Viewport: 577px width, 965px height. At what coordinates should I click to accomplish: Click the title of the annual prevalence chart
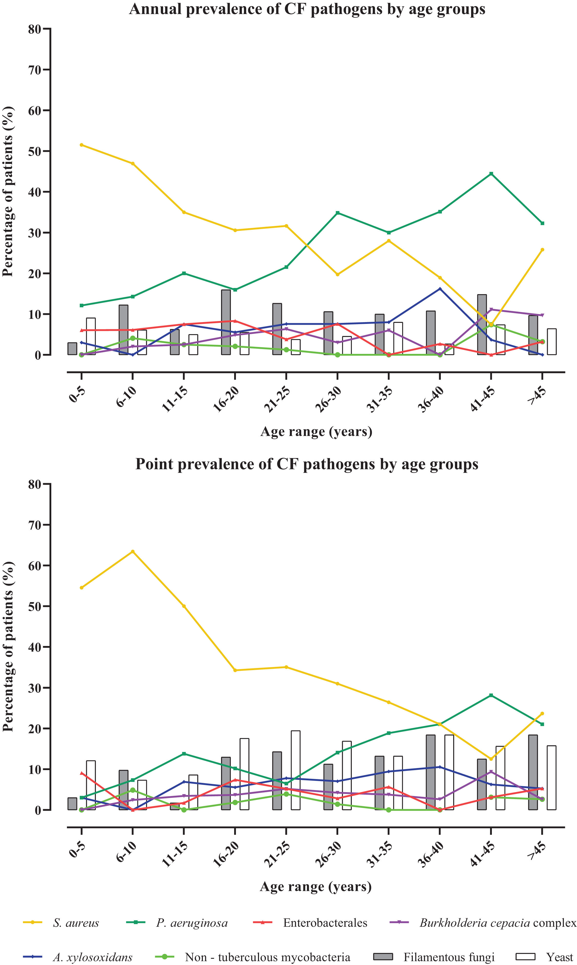tap(307, 9)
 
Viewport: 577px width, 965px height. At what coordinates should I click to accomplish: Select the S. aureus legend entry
tap(76, 923)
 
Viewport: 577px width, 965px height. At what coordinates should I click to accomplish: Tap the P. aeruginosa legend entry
tap(192, 923)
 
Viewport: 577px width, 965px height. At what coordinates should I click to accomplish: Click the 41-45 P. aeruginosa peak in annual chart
tap(491, 173)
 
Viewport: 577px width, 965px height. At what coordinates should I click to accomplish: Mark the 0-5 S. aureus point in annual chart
tap(81, 145)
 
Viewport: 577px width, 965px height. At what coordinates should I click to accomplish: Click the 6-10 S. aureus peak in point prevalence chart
tap(133, 551)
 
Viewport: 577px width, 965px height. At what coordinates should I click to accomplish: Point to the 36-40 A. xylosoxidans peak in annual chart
tap(440, 289)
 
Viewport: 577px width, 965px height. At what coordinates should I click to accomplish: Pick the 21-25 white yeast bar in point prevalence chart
tap(295, 770)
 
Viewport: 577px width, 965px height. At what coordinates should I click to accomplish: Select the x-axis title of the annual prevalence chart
tap(316, 432)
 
